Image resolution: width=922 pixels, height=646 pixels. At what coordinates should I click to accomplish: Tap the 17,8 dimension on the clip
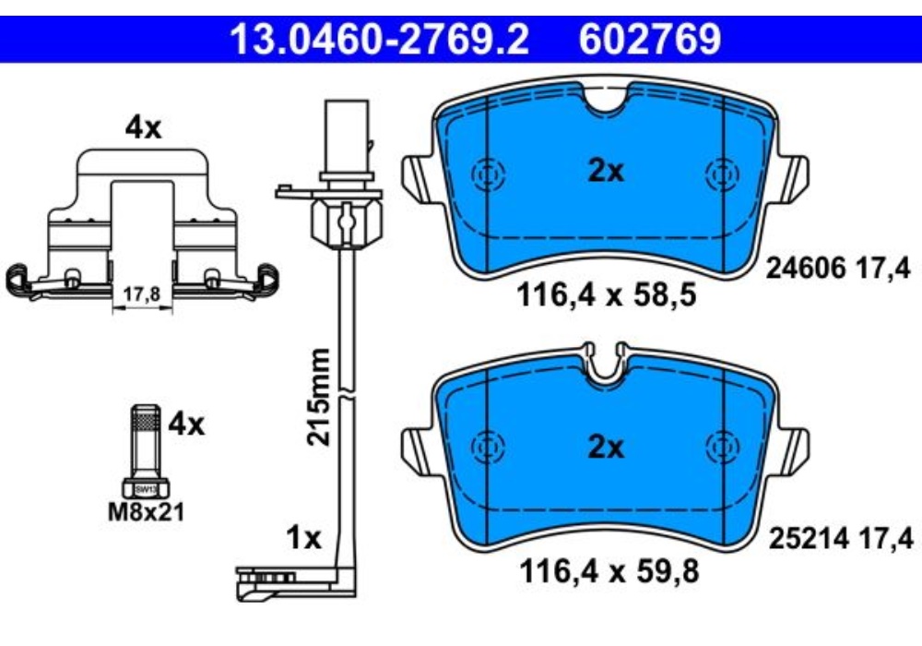[142, 294]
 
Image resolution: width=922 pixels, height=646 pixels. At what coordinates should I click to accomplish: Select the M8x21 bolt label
[146, 511]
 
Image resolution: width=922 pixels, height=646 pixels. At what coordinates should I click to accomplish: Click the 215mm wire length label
[318, 397]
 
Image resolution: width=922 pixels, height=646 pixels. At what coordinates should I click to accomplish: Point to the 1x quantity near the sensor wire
[301, 537]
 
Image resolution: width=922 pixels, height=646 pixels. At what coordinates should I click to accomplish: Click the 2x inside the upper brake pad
[606, 171]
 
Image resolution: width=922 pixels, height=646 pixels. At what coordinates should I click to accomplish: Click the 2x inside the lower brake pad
[606, 449]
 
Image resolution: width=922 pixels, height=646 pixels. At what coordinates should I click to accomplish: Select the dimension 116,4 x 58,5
[607, 298]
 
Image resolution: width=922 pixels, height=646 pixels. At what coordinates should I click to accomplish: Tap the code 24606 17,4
[839, 269]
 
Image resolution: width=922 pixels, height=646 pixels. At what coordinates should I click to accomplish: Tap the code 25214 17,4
[839, 538]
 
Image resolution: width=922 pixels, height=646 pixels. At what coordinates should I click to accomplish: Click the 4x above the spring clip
[143, 128]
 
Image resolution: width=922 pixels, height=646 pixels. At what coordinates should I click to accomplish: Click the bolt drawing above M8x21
[145, 452]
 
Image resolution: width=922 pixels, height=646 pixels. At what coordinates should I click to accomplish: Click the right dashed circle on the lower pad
[720, 448]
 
